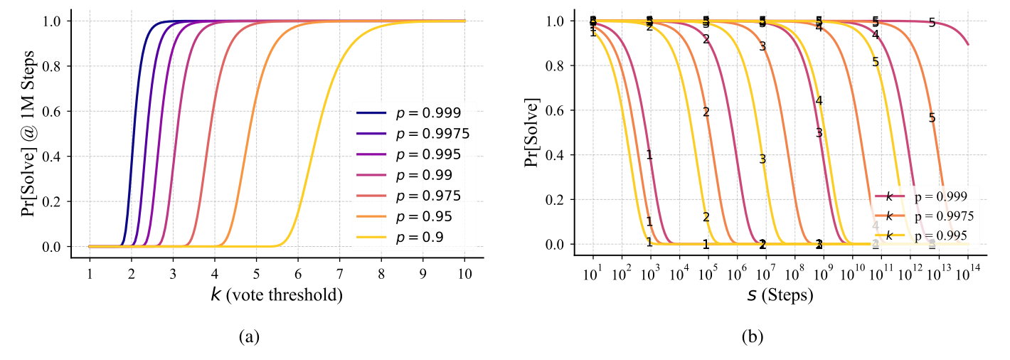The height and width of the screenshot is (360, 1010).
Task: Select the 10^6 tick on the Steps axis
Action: tap(737, 273)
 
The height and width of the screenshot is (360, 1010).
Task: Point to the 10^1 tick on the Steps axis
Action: tap(592, 273)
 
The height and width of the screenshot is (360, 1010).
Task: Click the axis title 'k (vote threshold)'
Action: tap(277, 295)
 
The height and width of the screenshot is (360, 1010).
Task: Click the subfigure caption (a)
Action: tap(248, 337)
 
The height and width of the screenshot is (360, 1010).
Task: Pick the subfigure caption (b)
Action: tap(751, 337)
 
